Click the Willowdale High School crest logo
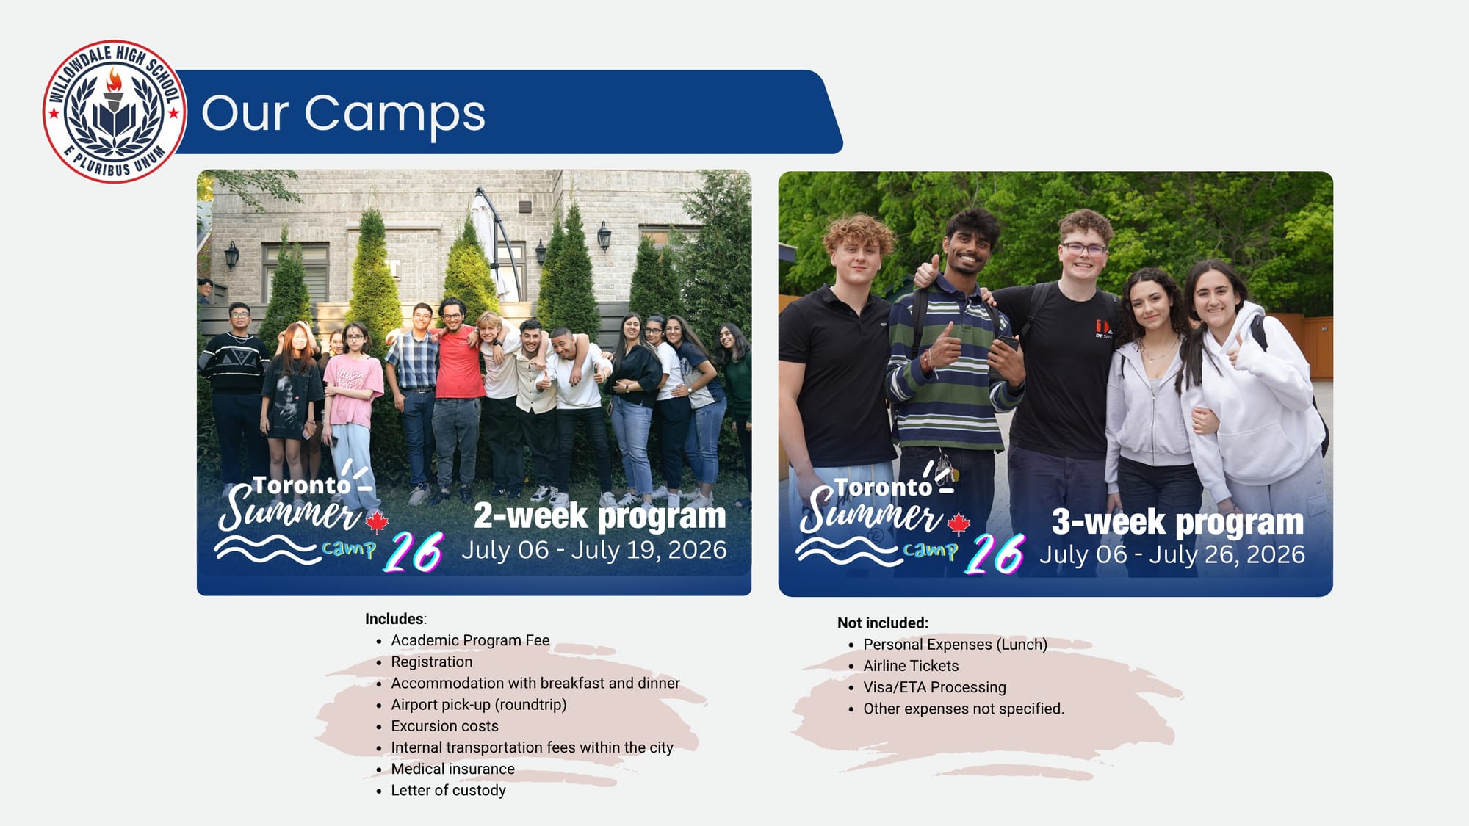(x=114, y=112)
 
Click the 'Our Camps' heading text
(x=343, y=113)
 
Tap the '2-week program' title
(x=599, y=515)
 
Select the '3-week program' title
(x=1177, y=522)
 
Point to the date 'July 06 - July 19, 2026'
(x=594, y=550)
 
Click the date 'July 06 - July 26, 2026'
(x=1172, y=554)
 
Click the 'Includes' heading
(x=395, y=619)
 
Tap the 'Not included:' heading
(x=883, y=623)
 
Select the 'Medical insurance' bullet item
(x=453, y=769)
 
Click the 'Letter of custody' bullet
(x=448, y=790)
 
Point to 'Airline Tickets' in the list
(x=911, y=666)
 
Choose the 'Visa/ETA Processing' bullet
(x=934, y=687)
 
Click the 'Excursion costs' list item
(x=444, y=726)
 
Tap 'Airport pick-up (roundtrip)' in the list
(x=479, y=705)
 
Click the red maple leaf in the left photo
(x=377, y=521)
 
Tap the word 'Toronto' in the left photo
(x=301, y=485)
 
